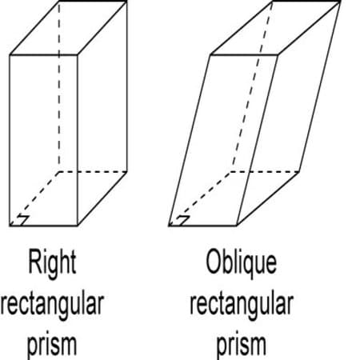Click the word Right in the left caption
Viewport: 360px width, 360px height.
click(52, 263)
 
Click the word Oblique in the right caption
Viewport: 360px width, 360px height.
click(242, 262)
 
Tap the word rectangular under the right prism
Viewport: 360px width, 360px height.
click(52, 306)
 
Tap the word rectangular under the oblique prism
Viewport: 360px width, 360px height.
click(242, 306)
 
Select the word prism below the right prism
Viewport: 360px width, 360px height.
click(52, 346)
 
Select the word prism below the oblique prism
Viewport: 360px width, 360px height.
click(242, 346)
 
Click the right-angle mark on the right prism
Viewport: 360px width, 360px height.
click(22, 220)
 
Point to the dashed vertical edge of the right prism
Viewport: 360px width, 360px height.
click(59, 86)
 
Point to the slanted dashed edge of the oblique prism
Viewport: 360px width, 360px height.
click(251, 86)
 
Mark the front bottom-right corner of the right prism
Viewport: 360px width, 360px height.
click(78, 226)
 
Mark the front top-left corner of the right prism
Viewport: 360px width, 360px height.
click(10, 55)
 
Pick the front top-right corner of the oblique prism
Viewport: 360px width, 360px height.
click(278, 55)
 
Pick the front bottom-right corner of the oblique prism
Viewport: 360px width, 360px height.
click(237, 226)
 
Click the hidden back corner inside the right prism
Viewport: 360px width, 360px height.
click(59, 172)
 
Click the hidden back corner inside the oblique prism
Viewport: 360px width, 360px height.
click(230, 172)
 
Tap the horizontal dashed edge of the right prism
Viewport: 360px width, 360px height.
click(93, 172)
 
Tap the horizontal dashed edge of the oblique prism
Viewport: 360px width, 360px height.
click(264, 172)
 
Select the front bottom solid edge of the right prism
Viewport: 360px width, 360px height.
click(43, 226)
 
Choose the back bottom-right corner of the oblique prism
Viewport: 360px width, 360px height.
click(299, 172)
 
